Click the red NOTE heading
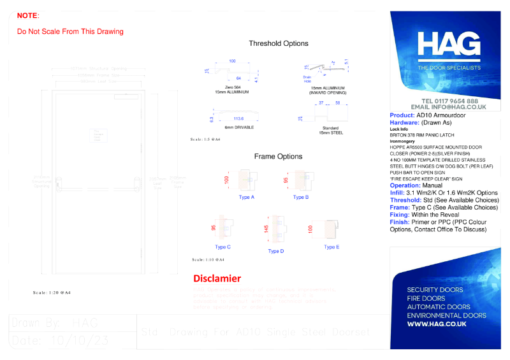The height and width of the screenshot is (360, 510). coord(27,15)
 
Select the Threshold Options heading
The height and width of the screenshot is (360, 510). coord(279,43)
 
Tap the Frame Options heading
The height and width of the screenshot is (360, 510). coord(278,156)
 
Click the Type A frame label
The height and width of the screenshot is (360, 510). coord(247,198)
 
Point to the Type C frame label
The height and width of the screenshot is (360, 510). coord(223,247)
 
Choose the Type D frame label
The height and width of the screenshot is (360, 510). coord(276,251)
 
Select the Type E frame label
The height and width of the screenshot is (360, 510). coord(331,247)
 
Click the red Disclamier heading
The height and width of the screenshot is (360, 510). coord(217,278)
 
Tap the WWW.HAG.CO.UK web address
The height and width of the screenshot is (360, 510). coord(437,324)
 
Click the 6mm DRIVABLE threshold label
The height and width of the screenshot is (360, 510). coord(239,127)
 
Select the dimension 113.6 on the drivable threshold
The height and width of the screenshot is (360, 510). coord(239,119)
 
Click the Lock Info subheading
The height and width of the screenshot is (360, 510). coord(398,129)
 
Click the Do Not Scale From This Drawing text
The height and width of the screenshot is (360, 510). coord(70,31)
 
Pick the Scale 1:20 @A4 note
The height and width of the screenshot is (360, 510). coord(52,292)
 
